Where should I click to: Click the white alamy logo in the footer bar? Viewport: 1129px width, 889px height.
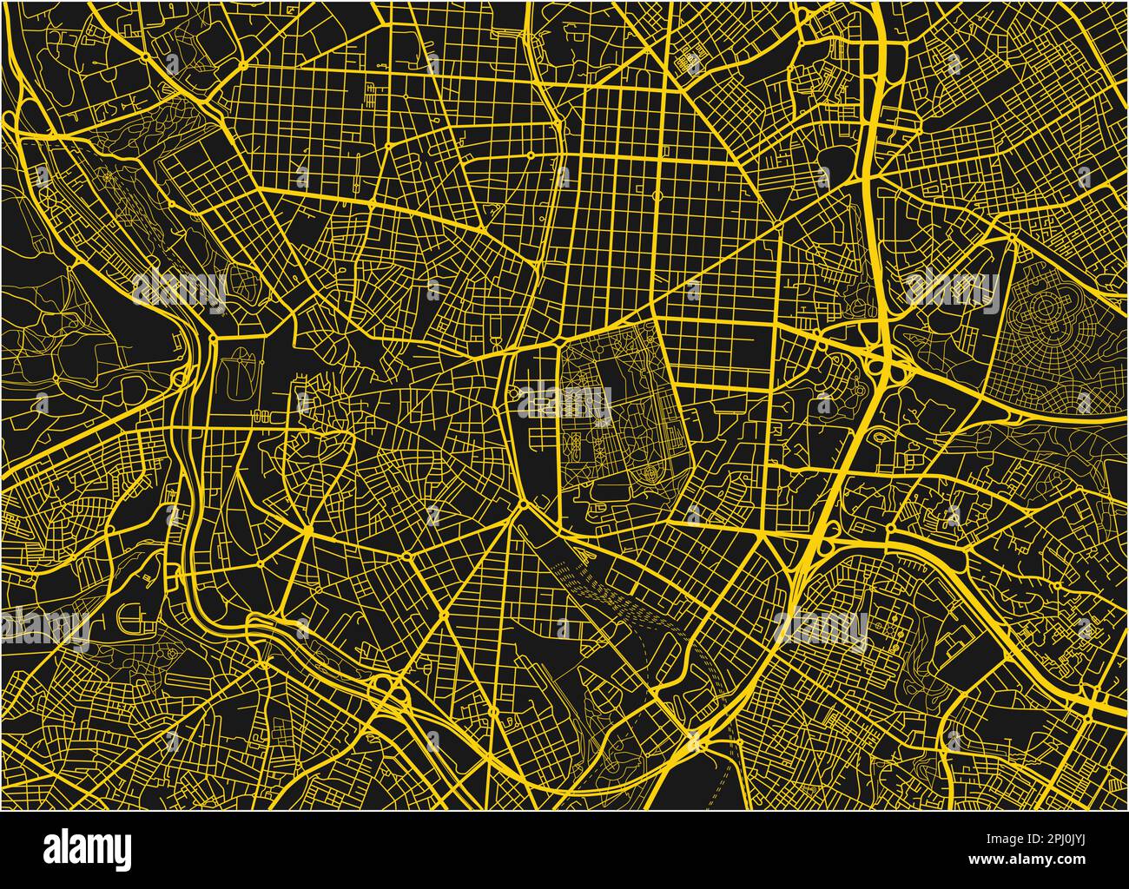point(88,848)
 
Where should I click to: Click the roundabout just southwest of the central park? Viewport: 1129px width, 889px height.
point(525,505)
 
